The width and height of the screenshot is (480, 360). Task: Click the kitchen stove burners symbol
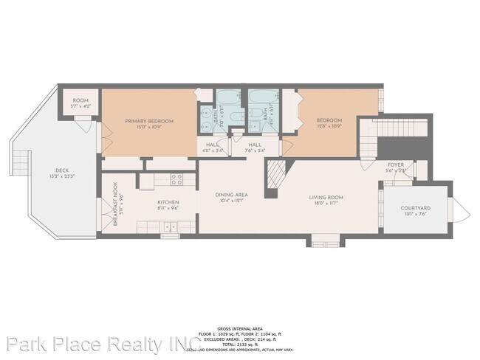[x=176, y=178]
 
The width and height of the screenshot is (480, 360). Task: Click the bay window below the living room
[x=324, y=240]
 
